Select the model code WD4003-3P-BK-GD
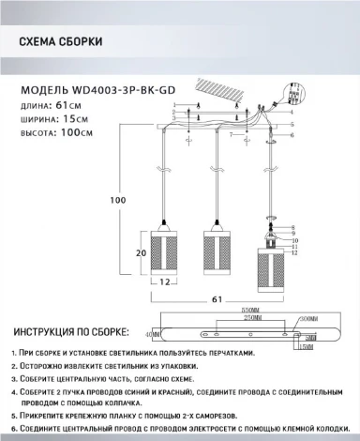click(114, 91)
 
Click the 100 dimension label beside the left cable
click(117, 199)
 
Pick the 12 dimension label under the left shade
click(163, 281)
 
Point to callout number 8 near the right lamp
click(292, 228)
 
